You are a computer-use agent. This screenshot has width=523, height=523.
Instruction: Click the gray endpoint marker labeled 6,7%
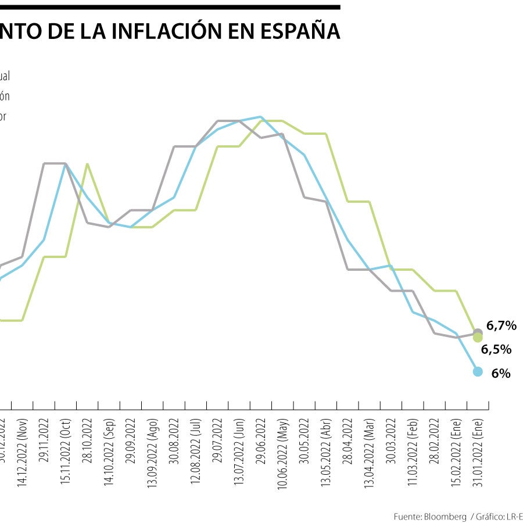(478, 332)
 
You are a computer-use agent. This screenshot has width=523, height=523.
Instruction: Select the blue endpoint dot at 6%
(478, 371)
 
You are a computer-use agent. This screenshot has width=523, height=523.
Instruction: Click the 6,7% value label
(501, 326)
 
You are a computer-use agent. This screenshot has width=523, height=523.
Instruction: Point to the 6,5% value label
(496, 349)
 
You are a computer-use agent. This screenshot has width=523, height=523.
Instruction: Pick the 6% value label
(500, 374)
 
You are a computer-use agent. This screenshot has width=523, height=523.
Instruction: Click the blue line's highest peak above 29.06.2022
(260, 117)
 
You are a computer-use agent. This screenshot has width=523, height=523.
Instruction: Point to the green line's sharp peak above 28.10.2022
(87, 164)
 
